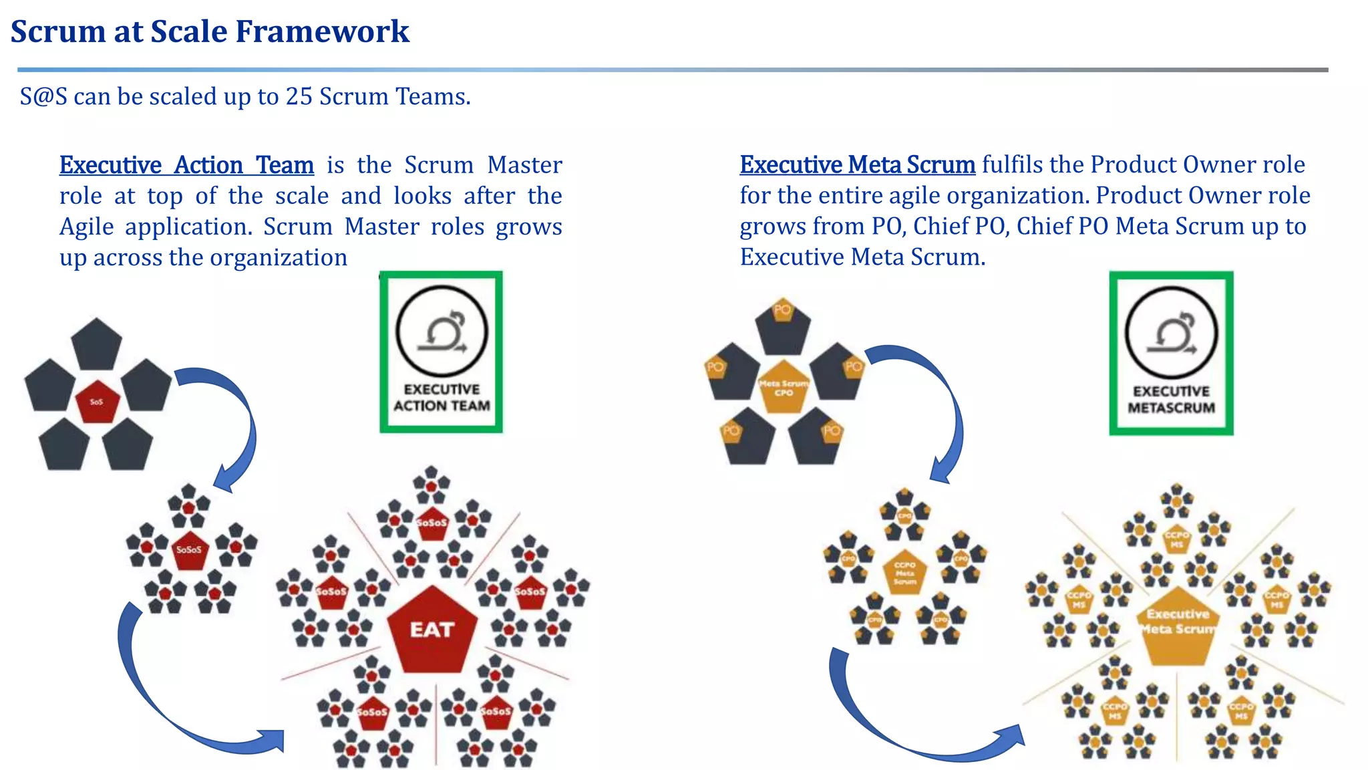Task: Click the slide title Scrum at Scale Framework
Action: (x=210, y=31)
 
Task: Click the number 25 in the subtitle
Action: (x=299, y=97)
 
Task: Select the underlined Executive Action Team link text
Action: (x=186, y=165)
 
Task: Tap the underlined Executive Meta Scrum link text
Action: (x=857, y=164)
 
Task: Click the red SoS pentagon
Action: (x=98, y=401)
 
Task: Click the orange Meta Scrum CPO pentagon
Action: (x=784, y=387)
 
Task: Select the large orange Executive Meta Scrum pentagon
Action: (x=1178, y=625)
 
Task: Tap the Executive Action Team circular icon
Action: (x=442, y=332)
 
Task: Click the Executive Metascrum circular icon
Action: (x=1171, y=333)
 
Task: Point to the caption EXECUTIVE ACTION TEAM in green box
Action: (x=442, y=398)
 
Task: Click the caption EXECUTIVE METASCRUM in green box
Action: (x=1171, y=400)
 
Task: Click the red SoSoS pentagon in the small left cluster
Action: (x=190, y=550)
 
